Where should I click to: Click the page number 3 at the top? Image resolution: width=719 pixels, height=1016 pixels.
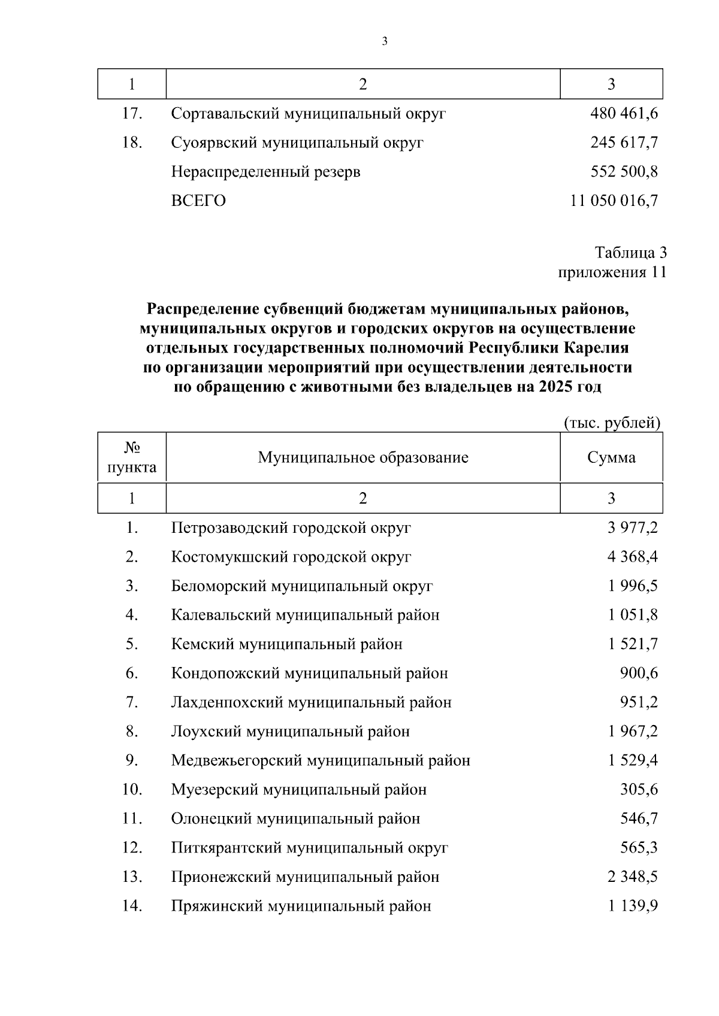pyautogui.click(x=385, y=41)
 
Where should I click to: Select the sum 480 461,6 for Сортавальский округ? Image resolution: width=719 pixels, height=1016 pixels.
pyautogui.click(x=624, y=113)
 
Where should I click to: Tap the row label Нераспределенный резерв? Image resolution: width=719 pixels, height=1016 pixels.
pyautogui.click(x=265, y=172)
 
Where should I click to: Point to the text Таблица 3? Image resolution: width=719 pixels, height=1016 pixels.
pyautogui.click(x=630, y=252)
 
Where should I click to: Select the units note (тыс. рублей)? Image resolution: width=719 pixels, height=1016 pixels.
pyautogui.click(x=612, y=423)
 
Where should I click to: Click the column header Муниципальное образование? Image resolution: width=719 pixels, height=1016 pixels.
pyautogui.click(x=362, y=458)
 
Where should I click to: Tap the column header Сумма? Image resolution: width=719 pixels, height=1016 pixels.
pyautogui.click(x=611, y=458)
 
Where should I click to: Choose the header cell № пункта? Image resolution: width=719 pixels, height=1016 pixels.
pyautogui.click(x=132, y=458)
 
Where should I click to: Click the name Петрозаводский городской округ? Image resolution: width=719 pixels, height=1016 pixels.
pyautogui.click(x=291, y=528)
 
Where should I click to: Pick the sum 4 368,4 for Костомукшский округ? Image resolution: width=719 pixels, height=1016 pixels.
pyautogui.click(x=632, y=557)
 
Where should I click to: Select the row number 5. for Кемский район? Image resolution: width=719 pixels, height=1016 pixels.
pyautogui.click(x=132, y=644)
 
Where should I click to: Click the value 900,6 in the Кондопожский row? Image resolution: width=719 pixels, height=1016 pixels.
pyautogui.click(x=639, y=674)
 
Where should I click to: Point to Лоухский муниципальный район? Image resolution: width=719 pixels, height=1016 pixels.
pyautogui.click(x=290, y=732)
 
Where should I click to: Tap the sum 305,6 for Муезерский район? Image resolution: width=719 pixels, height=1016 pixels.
pyautogui.click(x=639, y=790)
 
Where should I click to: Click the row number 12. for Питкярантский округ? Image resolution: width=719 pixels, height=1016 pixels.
pyautogui.click(x=132, y=848)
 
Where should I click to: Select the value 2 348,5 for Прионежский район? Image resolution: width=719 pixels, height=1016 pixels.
pyautogui.click(x=632, y=877)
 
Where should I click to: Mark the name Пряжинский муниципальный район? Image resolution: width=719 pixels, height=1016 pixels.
pyautogui.click(x=301, y=906)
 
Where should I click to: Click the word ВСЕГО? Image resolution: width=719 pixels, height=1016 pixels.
pyautogui.click(x=198, y=201)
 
